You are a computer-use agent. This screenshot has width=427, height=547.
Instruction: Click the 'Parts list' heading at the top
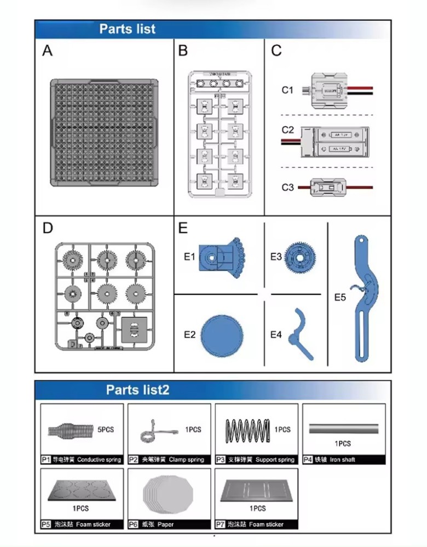coord(127,30)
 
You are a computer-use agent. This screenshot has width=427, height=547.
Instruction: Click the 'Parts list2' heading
coord(137,390)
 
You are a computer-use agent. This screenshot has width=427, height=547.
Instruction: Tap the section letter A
coord(48,51)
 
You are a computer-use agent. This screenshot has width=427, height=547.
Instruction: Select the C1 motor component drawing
coord(325,90)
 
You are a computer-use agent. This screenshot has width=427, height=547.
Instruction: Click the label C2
coord(288,130)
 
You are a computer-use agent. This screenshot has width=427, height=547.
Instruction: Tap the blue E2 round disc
coord(222,335)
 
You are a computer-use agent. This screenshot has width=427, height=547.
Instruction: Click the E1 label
coord(189,256)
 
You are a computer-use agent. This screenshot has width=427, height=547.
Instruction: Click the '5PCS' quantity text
coord(106,430)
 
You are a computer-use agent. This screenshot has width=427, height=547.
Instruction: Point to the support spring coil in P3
coord(248,429)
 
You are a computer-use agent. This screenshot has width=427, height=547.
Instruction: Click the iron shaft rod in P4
coord(344,428)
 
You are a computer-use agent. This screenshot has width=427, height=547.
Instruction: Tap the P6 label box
coord(134,524)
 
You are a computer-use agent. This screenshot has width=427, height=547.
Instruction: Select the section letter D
coord(48,228)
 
